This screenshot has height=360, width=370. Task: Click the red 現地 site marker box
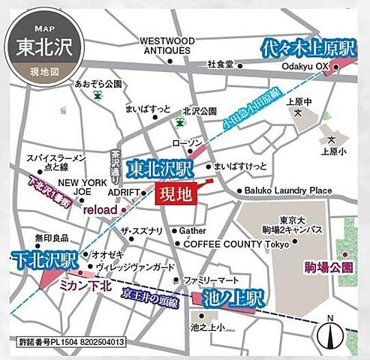(173, 194)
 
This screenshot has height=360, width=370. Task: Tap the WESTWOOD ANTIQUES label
(167, 45)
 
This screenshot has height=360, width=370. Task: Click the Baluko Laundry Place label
(288, 190)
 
